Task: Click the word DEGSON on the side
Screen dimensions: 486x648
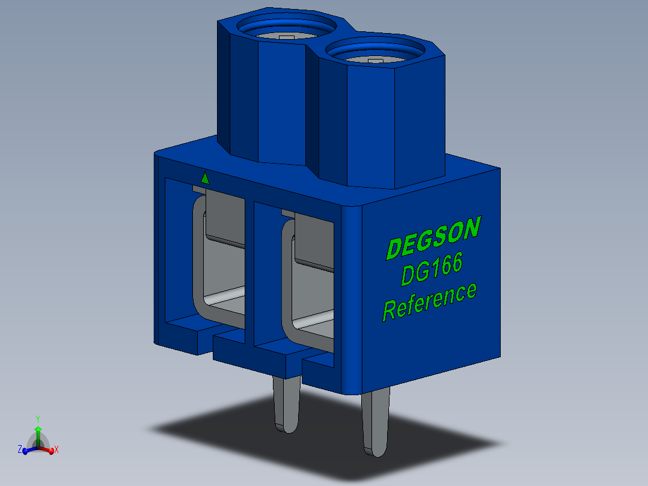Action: [433, 238]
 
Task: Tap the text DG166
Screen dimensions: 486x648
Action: [432, 270]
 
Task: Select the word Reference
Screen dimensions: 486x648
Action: [430, 301]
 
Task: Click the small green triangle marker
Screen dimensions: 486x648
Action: [205, 178]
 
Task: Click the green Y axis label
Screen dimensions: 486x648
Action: [37, 418]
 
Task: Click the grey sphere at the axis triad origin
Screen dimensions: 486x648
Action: [37, 446]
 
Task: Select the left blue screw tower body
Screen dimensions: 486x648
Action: [264, 96]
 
